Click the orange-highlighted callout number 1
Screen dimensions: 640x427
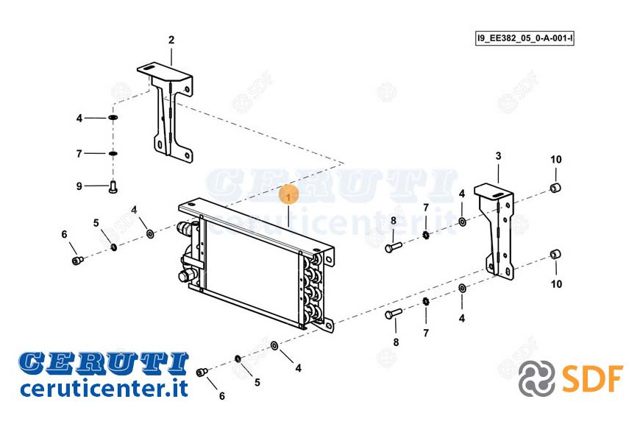pyautogui.click(x=289, y=198)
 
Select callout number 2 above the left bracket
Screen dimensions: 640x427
pyautogui.click(x=171, y=40)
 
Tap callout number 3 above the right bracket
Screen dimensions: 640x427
pyautogui.click(x=498, y=155)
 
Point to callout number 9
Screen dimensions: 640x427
pyautogui.click(x=79, y=186)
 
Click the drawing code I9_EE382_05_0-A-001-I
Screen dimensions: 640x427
pyautogui.click(x=525, y=39)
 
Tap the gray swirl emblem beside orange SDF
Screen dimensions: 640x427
pyautogui.click(x=537, y=378)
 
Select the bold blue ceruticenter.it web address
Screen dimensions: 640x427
pyautogui.click(x=104, y=387)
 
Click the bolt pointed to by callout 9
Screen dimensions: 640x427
pyautogui.click(x=113, y=187)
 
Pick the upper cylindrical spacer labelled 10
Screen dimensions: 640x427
pyautogui.click(x=555, y=188)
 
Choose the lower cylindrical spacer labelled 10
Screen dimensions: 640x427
pyautogui.click(x=555, y=254)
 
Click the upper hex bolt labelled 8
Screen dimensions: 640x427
pyautogui.click(x=394, y=247)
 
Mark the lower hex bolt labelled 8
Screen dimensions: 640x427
pyautogui.click(x=394, y=314)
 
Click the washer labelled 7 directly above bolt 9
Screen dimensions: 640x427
pyautogui.click(x=113, y=154)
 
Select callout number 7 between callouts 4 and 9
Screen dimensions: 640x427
pyautogui.click(x=79, y=154)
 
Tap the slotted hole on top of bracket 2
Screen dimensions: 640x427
pyautogui.click(x=149, y=68)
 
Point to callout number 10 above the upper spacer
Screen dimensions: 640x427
pyautogui.click(x=556, y=159)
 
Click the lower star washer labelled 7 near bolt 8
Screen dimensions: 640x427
pyautogui.click(x=426, y=302)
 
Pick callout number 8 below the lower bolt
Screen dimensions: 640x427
pyautogui.click(x=396, y=342)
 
